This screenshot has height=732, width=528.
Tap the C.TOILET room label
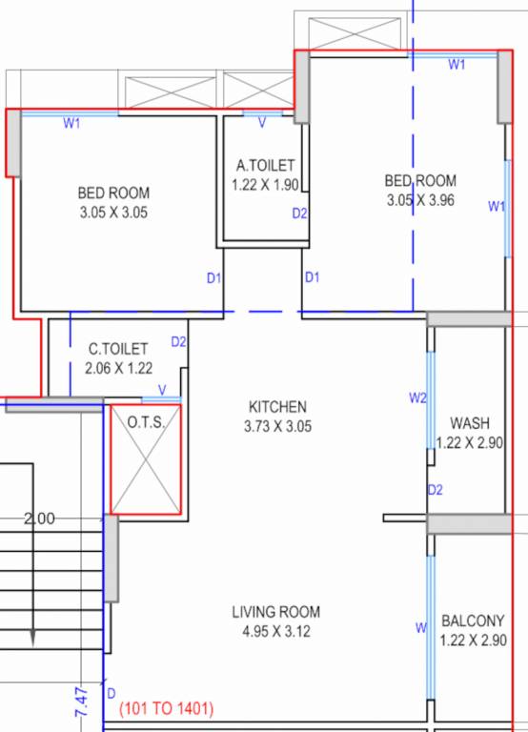point(118,349)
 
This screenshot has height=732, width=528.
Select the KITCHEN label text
point(277,405)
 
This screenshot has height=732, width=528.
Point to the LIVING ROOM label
point(276,612)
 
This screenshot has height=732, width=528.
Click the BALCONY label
point(473,621)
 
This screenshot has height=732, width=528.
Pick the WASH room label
point(470,422)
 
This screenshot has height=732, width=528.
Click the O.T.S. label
point(147,420)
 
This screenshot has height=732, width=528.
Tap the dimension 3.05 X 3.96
point(420,200)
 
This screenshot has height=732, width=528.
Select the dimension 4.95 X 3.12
point(276,631)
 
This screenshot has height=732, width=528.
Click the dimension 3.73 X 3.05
point(277,426)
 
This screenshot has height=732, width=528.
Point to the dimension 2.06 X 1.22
point(119,368)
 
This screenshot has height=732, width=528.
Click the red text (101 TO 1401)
point(166,709)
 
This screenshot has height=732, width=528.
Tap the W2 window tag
point(416,397)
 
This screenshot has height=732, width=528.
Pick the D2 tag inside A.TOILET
point(299,213)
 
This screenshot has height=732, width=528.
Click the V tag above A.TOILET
point(261,121)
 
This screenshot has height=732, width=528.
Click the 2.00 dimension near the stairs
point(39,519)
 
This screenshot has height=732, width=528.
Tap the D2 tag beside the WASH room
point(436,490)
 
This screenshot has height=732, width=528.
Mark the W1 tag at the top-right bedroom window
point(457,64)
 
